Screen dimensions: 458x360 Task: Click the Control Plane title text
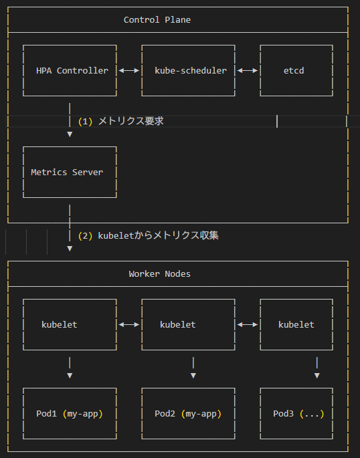click(x=157, y=19)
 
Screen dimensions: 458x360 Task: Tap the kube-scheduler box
click(x=188, y=70)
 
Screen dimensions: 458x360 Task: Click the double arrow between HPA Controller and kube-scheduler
click(x=128, y=70)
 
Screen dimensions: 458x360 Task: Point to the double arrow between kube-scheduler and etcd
click(x=248, y=70)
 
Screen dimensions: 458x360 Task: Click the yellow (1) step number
click(x=85, y=122)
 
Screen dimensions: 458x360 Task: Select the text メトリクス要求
click(x=131, y=121)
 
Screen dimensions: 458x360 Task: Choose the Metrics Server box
click(x=70, y=172)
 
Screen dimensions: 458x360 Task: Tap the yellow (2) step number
click(x=85, y=236)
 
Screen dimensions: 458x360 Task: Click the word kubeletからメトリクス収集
click(x=159, y=235)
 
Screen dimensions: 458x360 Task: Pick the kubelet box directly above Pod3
click(x=296, y=324)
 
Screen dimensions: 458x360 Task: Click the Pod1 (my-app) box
click(x=70, y=414)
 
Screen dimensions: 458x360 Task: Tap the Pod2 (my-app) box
click(x=188, y=414)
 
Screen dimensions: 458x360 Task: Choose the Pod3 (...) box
click(x=296, y=414)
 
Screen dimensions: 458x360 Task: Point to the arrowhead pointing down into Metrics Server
click(x=70, y=134)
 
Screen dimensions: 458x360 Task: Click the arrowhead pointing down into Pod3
click(x=317, y=376)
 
